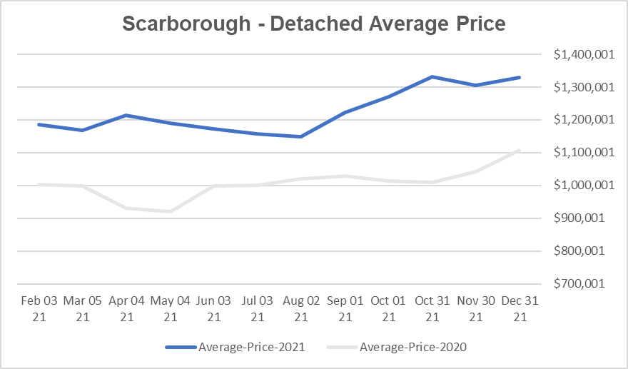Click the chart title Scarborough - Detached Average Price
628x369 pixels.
pyautogui.click(x=314, y=23)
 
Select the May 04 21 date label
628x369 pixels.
pyautogui.click(x=170, y=308)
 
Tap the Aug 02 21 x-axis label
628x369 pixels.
pyautogui.click(x=300, y=308)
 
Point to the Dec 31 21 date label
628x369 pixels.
pyautogui.click(x=520, y=308)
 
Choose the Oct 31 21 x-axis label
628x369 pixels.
pyautogui.click(x=432, y=308)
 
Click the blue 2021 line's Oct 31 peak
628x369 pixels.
pyautogui.click(x=432, y=76)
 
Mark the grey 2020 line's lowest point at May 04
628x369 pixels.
pyautogui.click(x=170, y=211)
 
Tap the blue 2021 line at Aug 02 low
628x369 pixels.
pyautogui.click(x=300, y=136)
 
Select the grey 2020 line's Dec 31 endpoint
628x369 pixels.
pyautogui.click(x=520, y=151)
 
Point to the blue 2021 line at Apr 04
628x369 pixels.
pyautogui.click(x=126, y=115)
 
